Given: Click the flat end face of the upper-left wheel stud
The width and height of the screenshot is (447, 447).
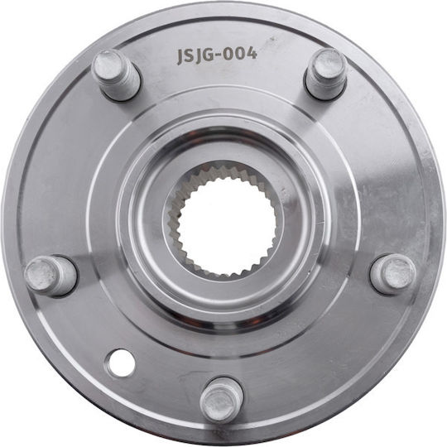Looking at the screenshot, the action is (108, 65).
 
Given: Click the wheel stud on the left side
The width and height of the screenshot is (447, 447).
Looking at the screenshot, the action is (50, 276).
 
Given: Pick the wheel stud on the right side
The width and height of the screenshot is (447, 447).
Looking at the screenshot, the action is (393, 274).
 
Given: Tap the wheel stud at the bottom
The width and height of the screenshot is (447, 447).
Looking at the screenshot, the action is (222, 400).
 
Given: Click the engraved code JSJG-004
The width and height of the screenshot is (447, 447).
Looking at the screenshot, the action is (217, 55).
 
